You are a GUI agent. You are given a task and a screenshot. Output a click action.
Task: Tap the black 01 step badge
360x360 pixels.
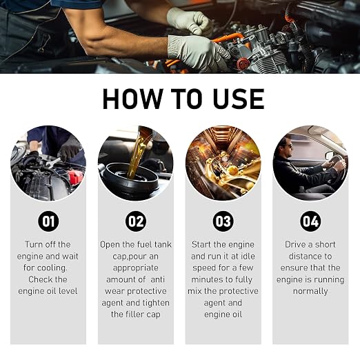(48, 221)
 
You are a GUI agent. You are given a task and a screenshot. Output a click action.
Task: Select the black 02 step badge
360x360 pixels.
(136, 221)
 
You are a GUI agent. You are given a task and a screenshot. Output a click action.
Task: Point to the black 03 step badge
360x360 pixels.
(223, 221)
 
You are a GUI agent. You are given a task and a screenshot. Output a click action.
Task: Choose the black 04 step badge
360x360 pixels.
(310, 221)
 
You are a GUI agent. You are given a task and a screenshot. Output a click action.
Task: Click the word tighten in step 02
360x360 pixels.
(156, 303)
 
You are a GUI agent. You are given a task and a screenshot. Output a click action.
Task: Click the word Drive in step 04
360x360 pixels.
(295, 245)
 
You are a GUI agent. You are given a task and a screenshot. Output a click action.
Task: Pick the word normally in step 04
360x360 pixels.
(310, 292)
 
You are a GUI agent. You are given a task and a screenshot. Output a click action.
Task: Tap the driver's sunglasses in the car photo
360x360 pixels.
(288, 146)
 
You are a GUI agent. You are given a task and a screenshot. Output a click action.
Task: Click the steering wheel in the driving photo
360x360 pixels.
(337, 166)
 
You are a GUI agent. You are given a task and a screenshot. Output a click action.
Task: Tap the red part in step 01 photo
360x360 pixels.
(75, 177)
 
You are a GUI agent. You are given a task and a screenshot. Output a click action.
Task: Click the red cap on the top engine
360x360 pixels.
(243, 63)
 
